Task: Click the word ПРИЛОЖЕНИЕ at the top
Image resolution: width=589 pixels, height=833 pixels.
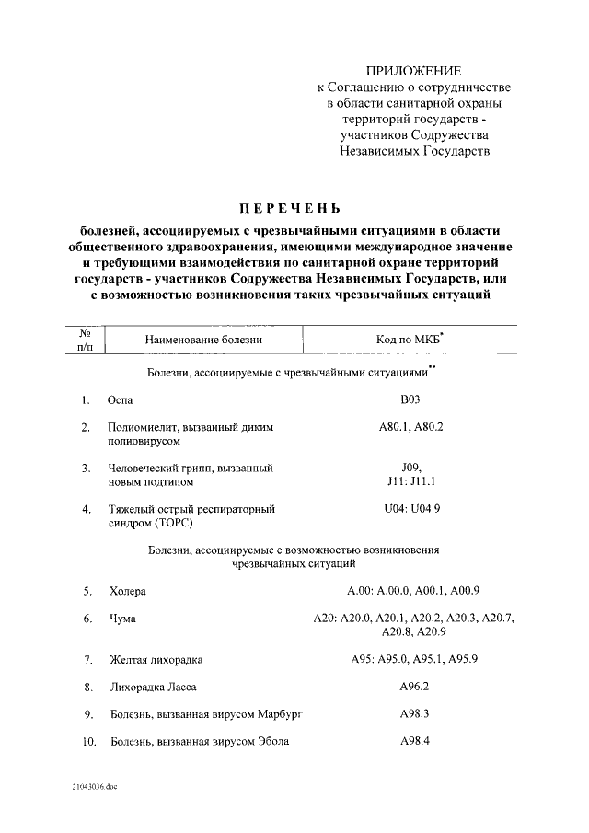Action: (414, 71)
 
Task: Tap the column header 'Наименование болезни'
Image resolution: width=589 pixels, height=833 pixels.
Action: (203, 340)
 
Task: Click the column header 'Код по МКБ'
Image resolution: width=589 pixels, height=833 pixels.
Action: (408, 340)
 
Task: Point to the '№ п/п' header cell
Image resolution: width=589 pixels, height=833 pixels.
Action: (84, 340)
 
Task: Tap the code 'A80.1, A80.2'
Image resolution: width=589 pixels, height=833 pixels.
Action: (410, 427)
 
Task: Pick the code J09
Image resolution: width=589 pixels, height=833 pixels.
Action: (410, 468)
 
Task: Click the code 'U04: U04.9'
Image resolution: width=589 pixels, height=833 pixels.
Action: (410, 507)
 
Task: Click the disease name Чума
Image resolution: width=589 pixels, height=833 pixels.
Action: (122, 619)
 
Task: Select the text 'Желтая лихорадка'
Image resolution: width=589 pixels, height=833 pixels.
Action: (156, 660)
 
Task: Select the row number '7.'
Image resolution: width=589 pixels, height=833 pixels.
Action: (88, 660)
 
